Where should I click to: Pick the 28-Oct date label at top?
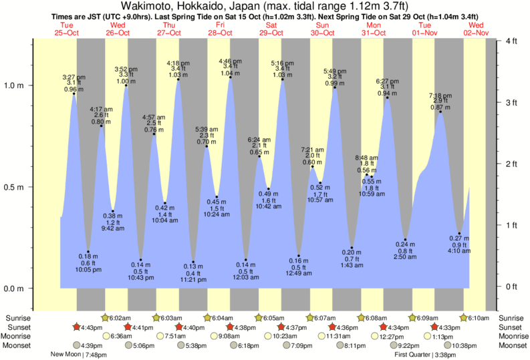point(220,32)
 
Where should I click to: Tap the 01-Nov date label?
point(425,32)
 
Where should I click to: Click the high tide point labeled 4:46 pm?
point(231,77)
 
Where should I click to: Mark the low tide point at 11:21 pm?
point(193,262)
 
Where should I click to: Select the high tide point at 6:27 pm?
point(387,98)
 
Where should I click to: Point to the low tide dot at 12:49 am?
point(299,256)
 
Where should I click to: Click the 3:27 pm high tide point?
point(74,94)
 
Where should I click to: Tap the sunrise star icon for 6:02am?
point(105,318)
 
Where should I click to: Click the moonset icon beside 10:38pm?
point(446,345)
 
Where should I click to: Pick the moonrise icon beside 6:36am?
point(105,337)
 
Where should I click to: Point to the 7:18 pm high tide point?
point(441,112)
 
